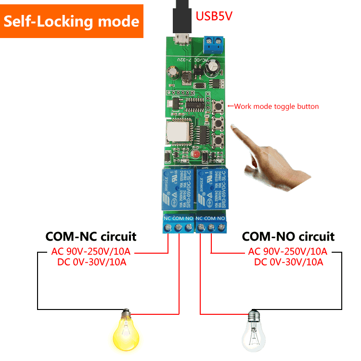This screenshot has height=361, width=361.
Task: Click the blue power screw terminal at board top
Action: point(215,44)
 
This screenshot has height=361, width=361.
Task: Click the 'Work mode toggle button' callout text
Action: point(276,106)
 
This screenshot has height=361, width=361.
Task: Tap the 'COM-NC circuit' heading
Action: point(90,236)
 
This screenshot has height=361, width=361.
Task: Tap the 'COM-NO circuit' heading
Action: point(288,236)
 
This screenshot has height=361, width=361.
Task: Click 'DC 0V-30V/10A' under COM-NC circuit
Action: point(90,262)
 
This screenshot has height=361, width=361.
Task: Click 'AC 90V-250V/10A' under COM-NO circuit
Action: point(288,251)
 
